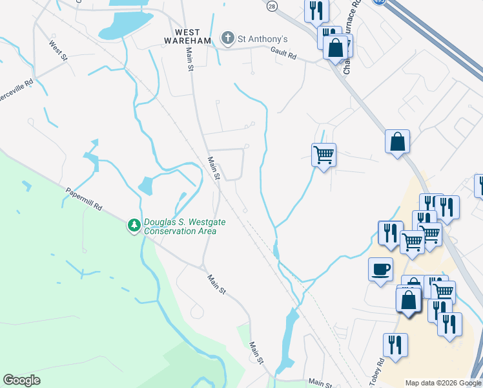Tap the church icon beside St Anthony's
click(227, 39)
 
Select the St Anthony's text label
click(262, 39)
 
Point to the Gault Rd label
click(283, 56)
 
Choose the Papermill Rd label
click(84, 200)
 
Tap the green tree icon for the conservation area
click(134, 226)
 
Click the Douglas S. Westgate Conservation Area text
click(185, 226)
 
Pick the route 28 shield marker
click(272, 5)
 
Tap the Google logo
click(21, 380)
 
